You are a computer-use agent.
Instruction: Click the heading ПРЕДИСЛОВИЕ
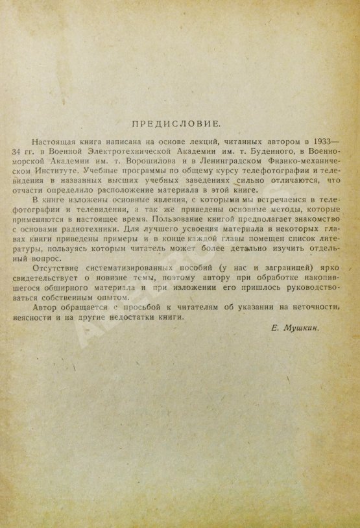(179, 121)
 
